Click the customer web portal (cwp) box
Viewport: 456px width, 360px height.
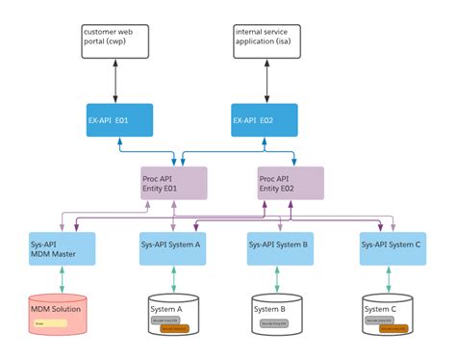pyautogui.click(x=114, y=42)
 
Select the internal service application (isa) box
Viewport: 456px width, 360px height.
pyautogui.click(x=266, y=42)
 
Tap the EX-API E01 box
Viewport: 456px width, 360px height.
pyautogui.click(x=119, y=120)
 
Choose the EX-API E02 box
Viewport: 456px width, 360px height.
pyautogui.click(x=265, y=120)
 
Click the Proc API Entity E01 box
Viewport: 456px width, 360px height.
pyautogui.click(x=173, y=183)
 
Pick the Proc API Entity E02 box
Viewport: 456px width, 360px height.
pyautogui.click(x=291, y=183)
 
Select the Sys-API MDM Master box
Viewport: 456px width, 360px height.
pyautogui.click(x=62, y=248)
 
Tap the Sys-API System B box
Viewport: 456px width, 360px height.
pyautogui.click(x=280, y=248)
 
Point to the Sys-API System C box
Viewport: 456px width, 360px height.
pyautogui.click(x=393, y=248)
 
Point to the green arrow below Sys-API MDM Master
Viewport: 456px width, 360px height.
pyautogui.click(x=63, y=280)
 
